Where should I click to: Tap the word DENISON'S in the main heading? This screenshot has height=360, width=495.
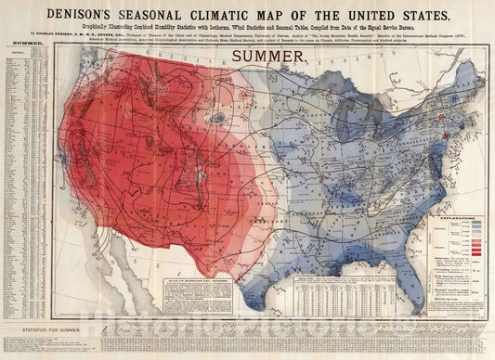[92, 14]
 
